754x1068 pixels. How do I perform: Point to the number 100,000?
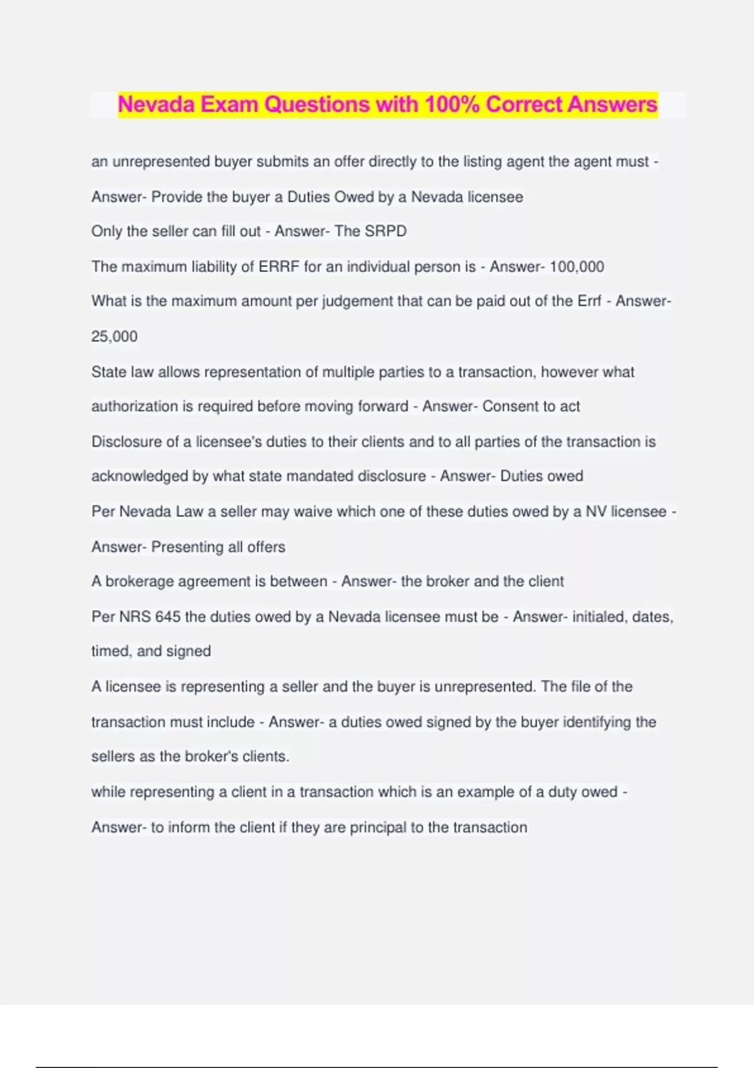point(577,267)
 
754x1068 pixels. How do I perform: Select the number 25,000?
point(114,337)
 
